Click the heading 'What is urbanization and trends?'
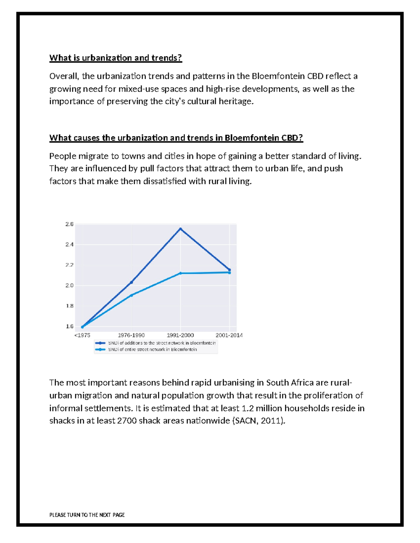tap(115, 58)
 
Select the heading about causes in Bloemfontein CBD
tap(176, 138)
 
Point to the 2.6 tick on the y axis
tap(69, 224)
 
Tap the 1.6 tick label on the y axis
tap(69, 326)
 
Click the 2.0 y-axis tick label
tap(69, 285)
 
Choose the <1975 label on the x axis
tap(82, 335)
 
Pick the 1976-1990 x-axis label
tap(131, 335)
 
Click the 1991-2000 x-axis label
tap(180, 335)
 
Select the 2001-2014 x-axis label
tap(229, 335)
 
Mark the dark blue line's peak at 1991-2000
tap(181, 229)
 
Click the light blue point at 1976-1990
tap(132, 295)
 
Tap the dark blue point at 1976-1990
tap(132, 282)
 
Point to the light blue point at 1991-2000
tap(181, 273)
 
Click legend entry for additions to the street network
tap(162, 343)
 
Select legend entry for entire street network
tap(152, 349)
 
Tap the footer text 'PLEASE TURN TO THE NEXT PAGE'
tap(87, 515)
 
